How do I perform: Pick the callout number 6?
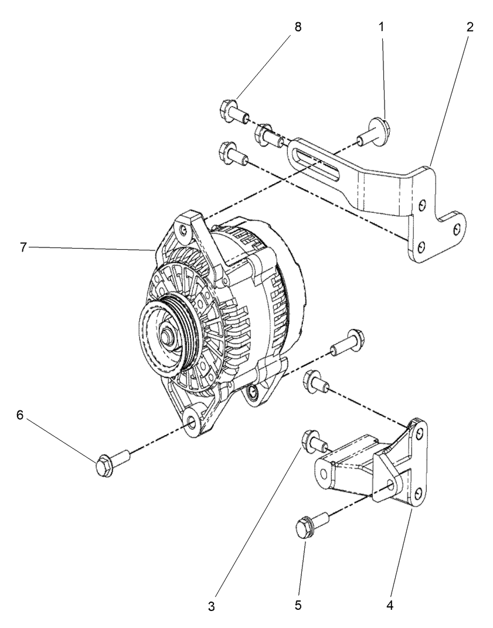click(20, 414)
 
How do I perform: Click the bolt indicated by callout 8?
click(233, 110)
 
